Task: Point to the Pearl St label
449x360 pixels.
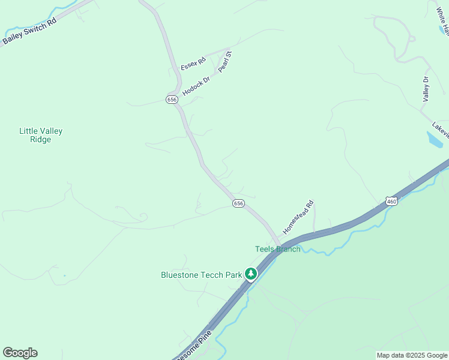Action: (224, 62)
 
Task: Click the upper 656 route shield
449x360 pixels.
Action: (172, 100)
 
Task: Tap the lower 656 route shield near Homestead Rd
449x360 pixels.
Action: (238, 204)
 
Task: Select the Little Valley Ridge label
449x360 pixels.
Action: (41, 135)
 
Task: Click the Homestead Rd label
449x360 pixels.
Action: (298, 217)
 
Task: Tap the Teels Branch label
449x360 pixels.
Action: (277, 249)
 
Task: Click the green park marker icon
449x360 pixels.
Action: (251, 274)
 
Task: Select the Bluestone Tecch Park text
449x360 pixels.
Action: (201, 275)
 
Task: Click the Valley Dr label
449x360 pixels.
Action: (426, 89)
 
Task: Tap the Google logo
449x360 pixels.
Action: (20, 352)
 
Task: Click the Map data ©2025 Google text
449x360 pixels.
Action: (412, 355)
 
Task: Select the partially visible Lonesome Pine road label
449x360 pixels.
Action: (194, 352)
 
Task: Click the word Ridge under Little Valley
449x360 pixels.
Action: (41, 140)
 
